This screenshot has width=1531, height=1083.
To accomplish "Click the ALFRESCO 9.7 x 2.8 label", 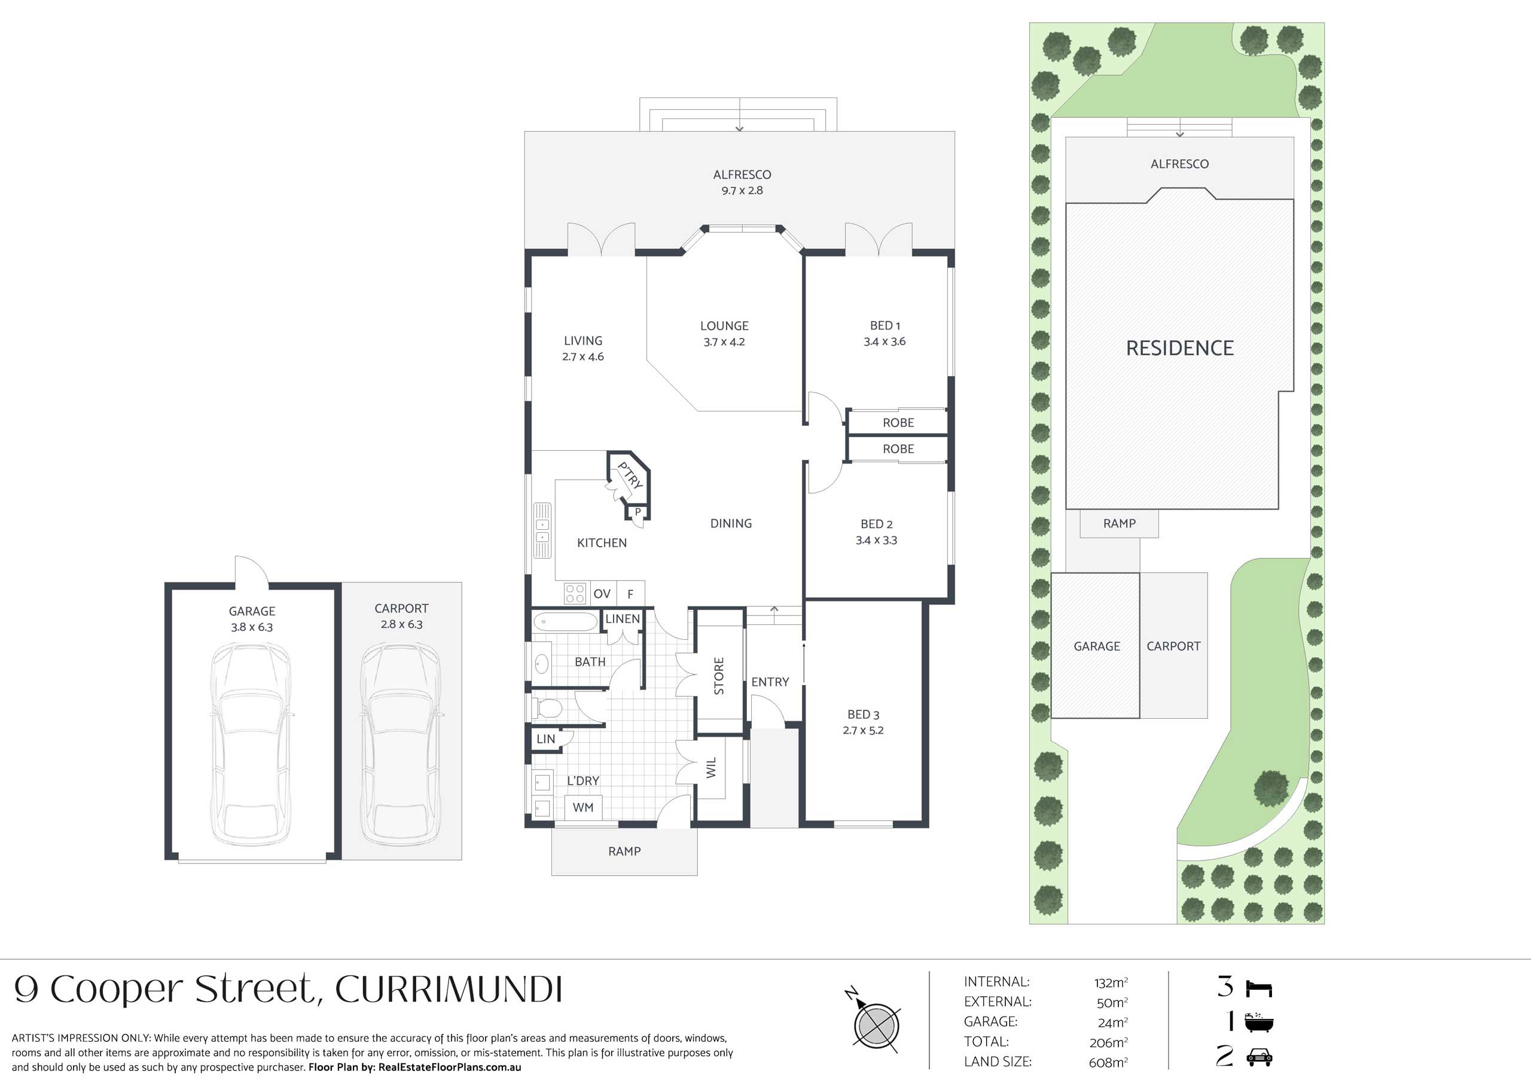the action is [x=742, y=182].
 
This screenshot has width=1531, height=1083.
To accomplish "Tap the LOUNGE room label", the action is [x=724, y=326].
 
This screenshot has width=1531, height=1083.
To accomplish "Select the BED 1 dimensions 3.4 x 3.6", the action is [x=885, y=341].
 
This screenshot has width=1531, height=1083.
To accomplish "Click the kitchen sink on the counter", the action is [x=542, y=529].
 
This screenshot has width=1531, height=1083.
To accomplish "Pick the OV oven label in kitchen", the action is [x=602, y=593].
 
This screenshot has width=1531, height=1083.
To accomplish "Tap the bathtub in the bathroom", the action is [x=566, y=622].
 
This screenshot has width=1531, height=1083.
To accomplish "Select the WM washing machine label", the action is [x=582, y=807].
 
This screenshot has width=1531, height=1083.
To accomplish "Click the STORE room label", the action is [x=719, y=676].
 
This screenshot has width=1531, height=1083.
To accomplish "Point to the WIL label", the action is [x=711, y=768].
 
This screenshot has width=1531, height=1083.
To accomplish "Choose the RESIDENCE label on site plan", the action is [x=1179, y=347].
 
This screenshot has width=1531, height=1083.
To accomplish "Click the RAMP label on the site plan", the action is [x=1120, y=523].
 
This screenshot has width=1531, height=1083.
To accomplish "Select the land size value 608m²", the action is [x=1108, y=1061].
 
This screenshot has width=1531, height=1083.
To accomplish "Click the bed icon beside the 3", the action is [x=1259, y=989].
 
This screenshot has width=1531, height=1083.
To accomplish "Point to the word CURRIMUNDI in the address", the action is [x=449, y=990].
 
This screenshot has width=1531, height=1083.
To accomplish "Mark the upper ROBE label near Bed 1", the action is [x=898, y=423].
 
